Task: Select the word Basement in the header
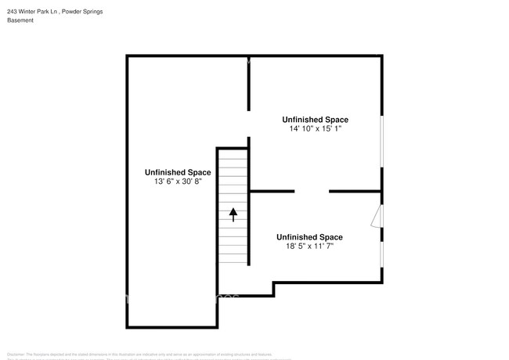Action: pos(20,20)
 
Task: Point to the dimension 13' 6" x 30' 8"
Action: pos(178,182)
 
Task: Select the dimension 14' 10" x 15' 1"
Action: pos(315,129)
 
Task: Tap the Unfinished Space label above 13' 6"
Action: pos(178,172)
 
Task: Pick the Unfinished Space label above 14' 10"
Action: pos(315,120)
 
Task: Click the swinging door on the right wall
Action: pos(377,216)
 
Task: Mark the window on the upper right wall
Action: pos(381,142)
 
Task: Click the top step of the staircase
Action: pos(233,152)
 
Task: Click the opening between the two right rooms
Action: pos(312,191)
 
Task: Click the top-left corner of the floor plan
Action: pos(128,56)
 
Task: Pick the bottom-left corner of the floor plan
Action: pos(128,326)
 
